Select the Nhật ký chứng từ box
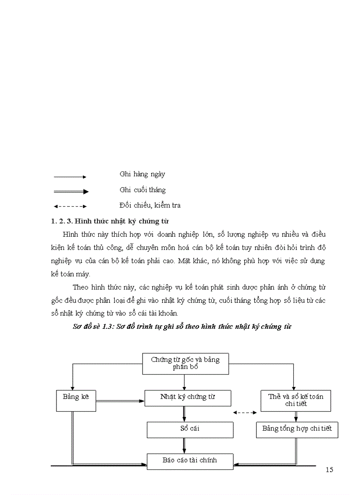coord(187,397)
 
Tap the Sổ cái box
coord(190,429)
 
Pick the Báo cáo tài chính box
coord(190,461)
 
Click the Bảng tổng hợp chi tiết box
coord(297,429)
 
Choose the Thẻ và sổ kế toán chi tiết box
coord(296,400)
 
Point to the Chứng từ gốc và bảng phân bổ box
coord(185,364)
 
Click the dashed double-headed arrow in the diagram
coord(245,413)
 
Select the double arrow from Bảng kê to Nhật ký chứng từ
coord(120,401)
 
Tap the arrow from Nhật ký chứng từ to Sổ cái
coord(184,414)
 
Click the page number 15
coord(329,469)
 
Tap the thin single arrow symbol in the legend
coord(70,177)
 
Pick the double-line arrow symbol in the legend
coord(71,192)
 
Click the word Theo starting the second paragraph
coord(81,287)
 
